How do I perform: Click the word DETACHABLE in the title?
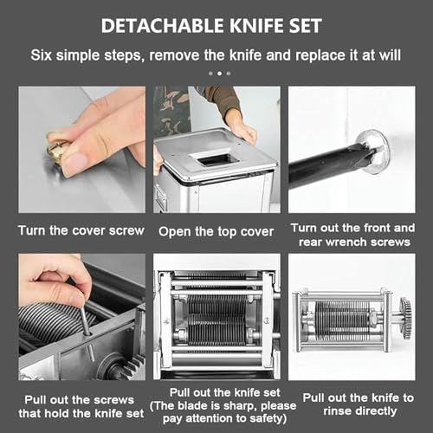tap(162, 26)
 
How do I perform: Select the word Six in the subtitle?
tap(42, 55)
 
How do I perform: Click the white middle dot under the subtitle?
tap(219, 74)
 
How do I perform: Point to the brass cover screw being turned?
tap(55, 150)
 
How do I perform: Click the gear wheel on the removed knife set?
tap(405, 318)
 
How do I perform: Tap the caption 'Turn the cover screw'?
tap(81, 230)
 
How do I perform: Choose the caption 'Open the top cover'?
tap(216, 231)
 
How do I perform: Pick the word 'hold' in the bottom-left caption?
tap(55, 413)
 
